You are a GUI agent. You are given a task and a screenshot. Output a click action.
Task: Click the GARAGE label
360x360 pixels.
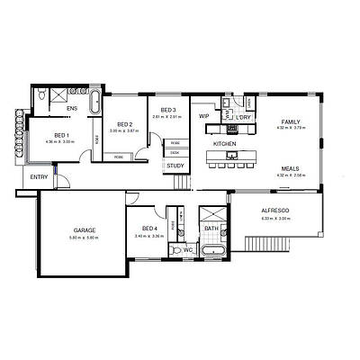(x=84, y=230)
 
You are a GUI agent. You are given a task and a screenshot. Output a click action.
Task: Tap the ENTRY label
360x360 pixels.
(x=39, y=176)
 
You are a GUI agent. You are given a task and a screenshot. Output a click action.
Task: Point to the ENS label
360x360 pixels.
(x=73, y=109)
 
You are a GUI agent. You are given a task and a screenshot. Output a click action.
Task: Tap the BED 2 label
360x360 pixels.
(x=124, y=124)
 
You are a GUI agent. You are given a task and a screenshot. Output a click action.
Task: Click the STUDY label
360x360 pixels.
(x=175, y=165)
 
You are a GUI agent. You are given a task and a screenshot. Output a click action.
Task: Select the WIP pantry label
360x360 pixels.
(x=203, y=116)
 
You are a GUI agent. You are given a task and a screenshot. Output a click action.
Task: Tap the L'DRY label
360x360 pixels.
(x=243, y=116)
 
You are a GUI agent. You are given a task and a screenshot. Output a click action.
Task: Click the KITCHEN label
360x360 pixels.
(x=224, y=143)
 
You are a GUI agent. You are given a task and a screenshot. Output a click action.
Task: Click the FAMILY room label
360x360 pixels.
(x=291, y=121)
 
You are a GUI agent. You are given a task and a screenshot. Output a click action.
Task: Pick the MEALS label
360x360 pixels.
(x=290, y=168)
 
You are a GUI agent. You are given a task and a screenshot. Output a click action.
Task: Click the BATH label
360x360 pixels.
(x=211, y=229)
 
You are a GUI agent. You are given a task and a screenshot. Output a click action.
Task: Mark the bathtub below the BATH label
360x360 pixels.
(x=211, y=249)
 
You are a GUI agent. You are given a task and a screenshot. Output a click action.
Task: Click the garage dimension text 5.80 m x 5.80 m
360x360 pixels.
(x=84, y=238)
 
